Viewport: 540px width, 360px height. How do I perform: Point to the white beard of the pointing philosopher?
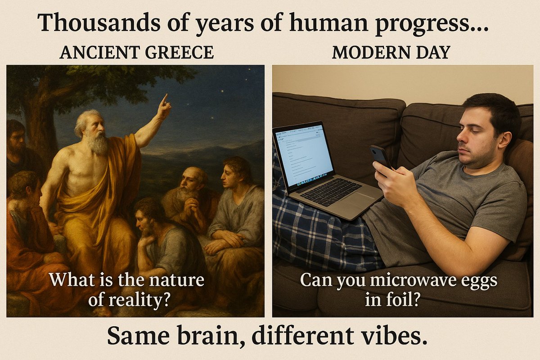pyautogui.click(x=98, y=143)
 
